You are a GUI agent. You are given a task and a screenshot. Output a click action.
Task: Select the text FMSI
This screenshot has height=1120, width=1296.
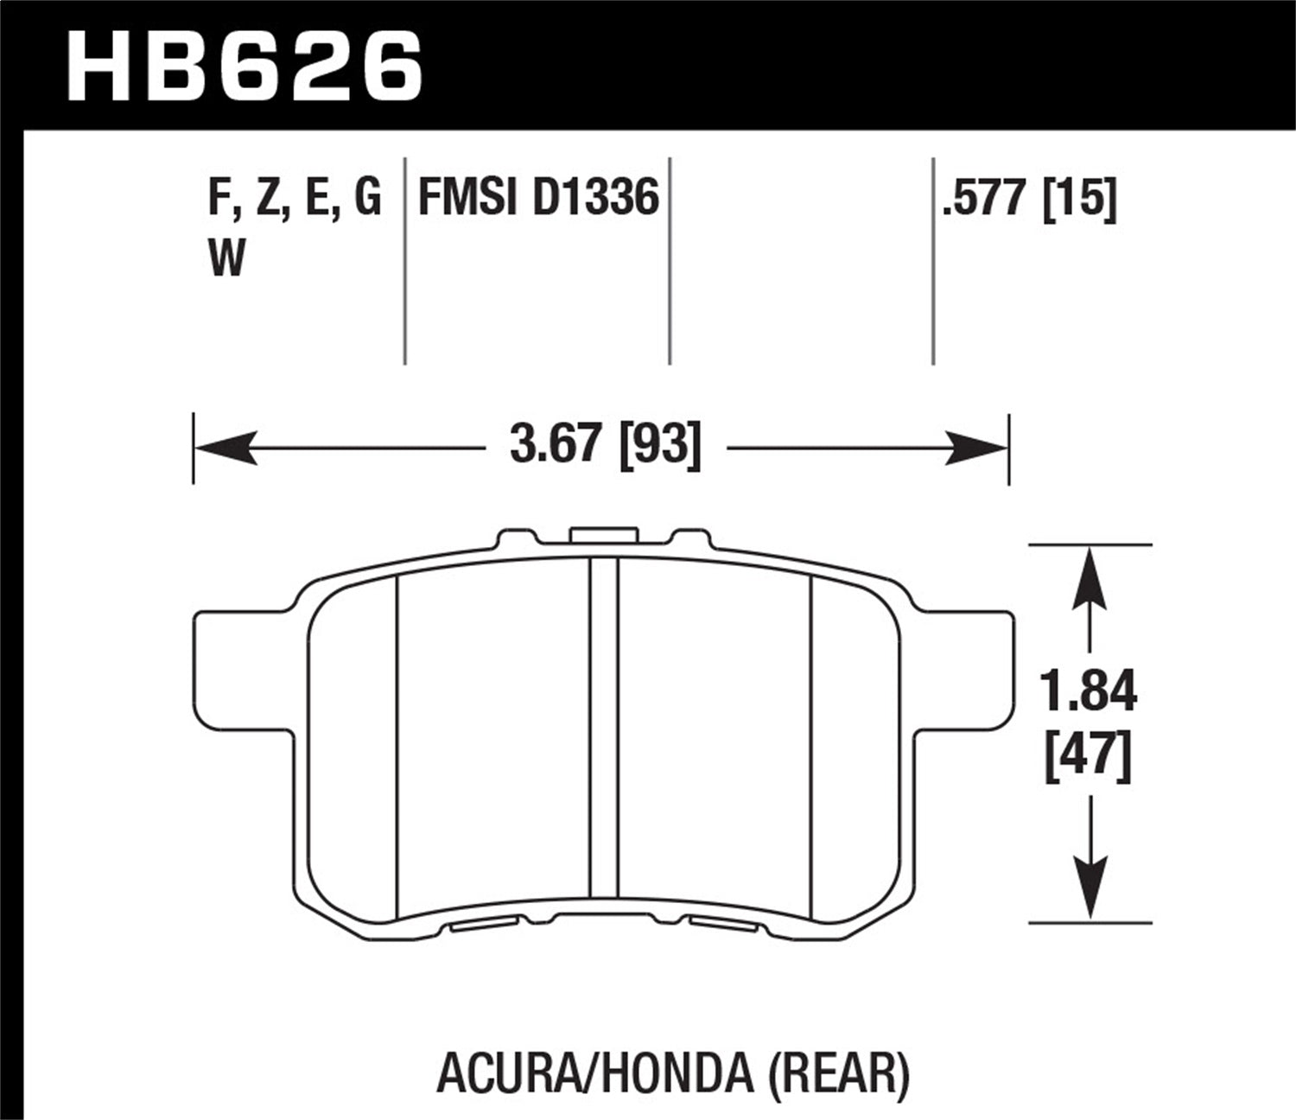[467, 198]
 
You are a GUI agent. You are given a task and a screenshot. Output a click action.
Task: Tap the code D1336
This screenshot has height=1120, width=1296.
[595, 198]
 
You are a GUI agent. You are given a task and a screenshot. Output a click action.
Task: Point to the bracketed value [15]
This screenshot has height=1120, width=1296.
[1080, 198]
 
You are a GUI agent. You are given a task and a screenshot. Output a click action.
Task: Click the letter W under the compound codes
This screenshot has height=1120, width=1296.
[227, 258]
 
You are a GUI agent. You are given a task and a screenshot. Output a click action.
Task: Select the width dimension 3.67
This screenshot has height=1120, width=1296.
[554, 446]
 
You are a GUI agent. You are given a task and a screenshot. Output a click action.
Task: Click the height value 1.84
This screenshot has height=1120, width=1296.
[1089, 693]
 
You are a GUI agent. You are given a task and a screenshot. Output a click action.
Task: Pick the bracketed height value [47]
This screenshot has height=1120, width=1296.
[1089, 758]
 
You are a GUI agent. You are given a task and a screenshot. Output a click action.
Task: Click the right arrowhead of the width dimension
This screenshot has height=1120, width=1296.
[976, 448]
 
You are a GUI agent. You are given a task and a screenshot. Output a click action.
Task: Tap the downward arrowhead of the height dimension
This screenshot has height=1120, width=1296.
[1090, 890]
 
